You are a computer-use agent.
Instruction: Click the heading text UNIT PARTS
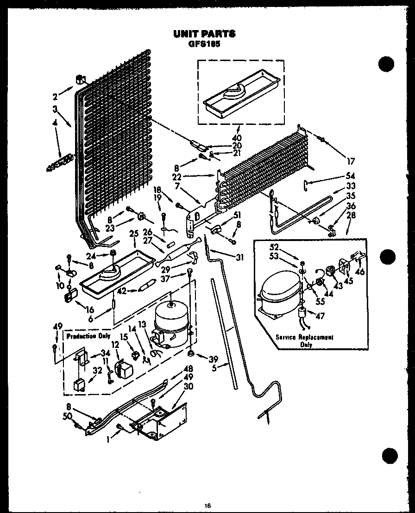(x=204, y=34)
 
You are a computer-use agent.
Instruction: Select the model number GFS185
(x=204, y=44)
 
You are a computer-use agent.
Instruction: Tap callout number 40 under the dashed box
(x=238, y=137)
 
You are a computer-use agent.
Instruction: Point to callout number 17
(x=350, y=161)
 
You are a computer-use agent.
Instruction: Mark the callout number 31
(x=239, y=258)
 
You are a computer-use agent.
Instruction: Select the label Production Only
(x=82, y=336)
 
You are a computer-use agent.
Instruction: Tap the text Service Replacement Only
(x=305, y=340)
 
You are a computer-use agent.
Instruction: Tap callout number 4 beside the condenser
(x=55, y=123)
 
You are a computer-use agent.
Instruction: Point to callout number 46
(x=360, y=272)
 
